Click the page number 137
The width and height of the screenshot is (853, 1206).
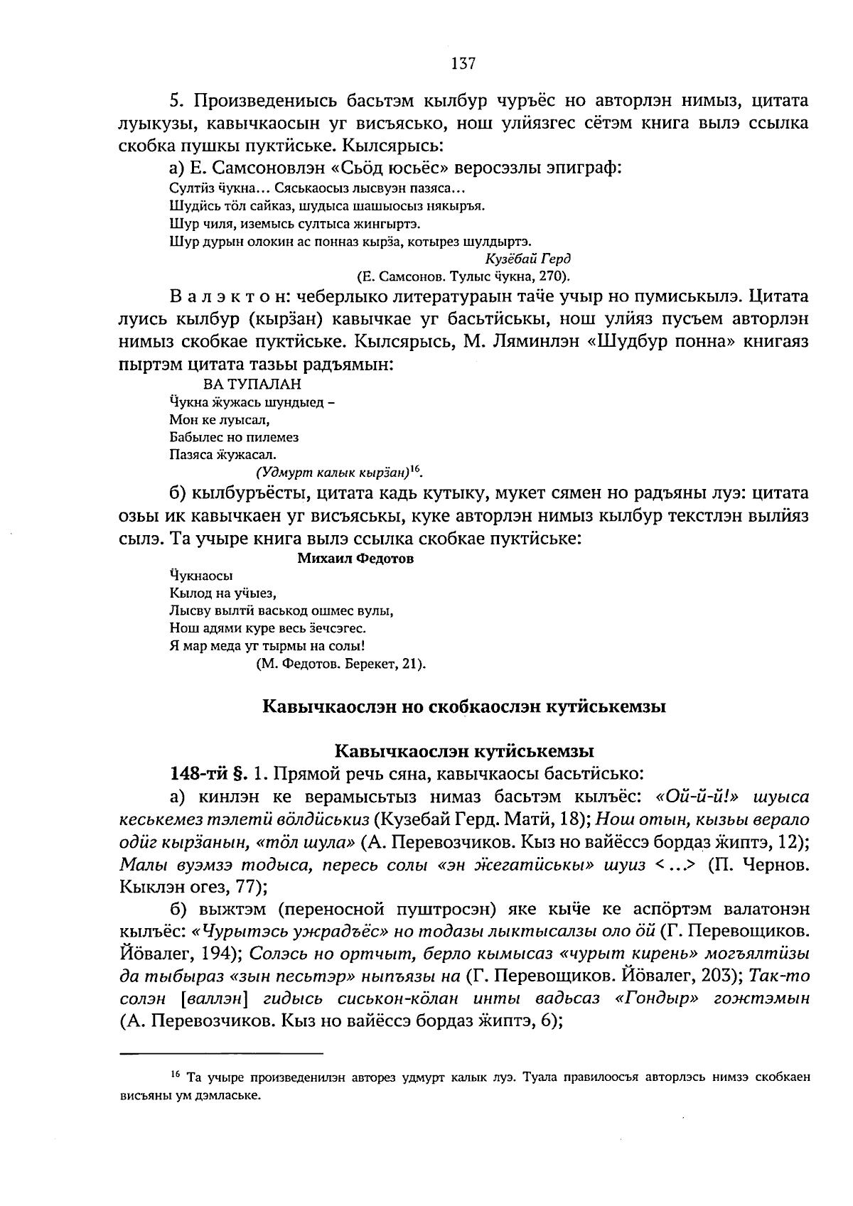pyautogui.click(x=462, y=63)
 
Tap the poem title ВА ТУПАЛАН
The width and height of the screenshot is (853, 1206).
pyautogui.click(x=252, y=384)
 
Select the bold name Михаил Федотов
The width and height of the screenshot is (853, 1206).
pyautogui.click(x=355, y=559)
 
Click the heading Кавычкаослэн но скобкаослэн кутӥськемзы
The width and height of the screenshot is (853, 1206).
pyautogui.click(x=464, y=707)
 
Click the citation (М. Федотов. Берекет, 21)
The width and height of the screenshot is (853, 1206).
pyautogui.click(x=340, y=664)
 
